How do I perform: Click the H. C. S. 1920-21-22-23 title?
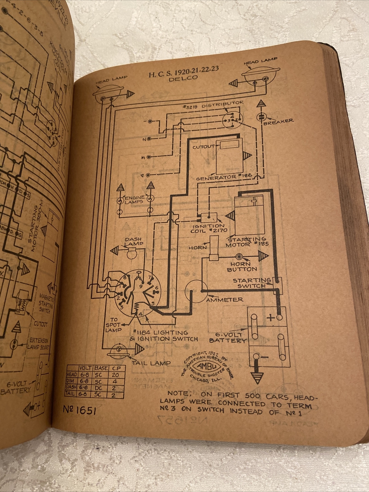[184, 71]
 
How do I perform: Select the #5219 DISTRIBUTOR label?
[213, 105]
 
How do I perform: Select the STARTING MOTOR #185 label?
[247, 242]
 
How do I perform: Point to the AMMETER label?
[225, 300]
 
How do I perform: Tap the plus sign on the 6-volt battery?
[270, 318]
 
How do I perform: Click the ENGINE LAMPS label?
[134, 200]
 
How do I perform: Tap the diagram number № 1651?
[79, 411]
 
